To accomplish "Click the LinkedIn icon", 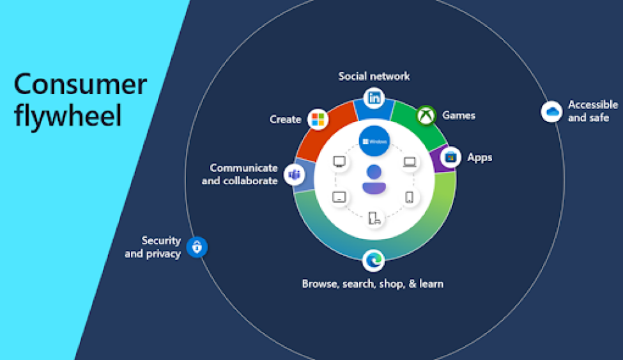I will [x=374, y=99].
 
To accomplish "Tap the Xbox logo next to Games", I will [x=426, y=116].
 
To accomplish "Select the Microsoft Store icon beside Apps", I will [x=451, y=157].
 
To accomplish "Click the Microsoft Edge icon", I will [x=373, y=260].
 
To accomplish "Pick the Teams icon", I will [x=294, y=174].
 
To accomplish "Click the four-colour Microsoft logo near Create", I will [x=318, y=119].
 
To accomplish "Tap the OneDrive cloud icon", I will [x=551, y=112].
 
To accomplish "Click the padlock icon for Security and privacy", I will [x=197, y=247].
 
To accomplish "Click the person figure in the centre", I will [x=374, y=178].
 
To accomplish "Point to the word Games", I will [x=459, y=116].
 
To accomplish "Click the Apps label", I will [x=479, y=157].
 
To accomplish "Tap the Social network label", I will [x=374, y=76].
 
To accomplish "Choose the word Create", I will [x=285, y=120].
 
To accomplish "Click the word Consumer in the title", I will [x=80, y=84].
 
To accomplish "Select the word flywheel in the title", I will [x=68, y=116].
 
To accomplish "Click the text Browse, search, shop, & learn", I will [x=373, y=283].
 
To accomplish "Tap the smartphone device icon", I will [x=410, y=197].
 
